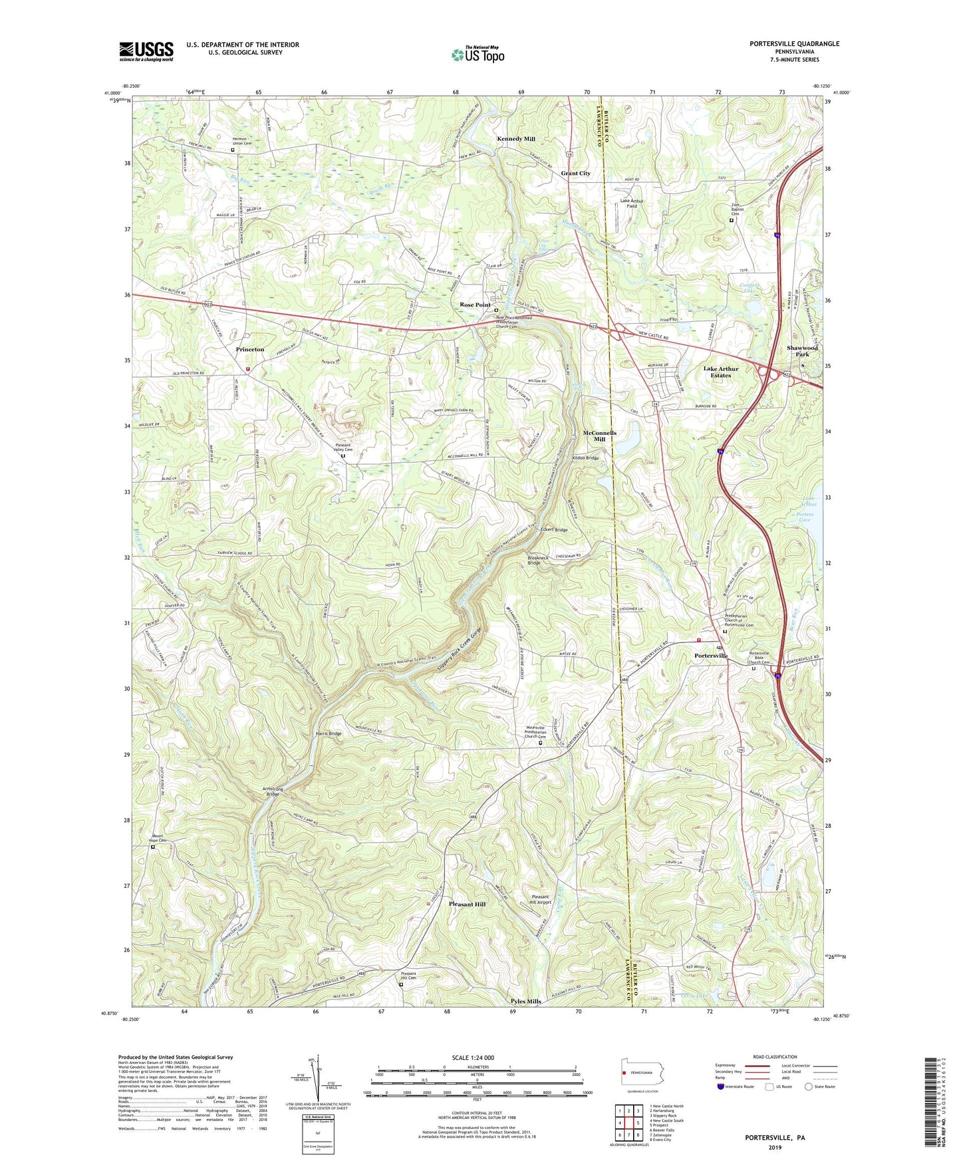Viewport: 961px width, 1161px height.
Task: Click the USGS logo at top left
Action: click(x=146, y=51)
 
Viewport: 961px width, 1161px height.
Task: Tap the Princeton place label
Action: click(x=250, y=349)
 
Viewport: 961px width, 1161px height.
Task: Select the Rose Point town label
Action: click(x=476, y=305)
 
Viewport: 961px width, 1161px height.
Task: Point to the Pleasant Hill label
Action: click(x=467, y=904)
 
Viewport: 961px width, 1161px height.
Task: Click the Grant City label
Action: click(x=575, y=174)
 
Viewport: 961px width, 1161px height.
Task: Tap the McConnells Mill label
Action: click(x=599, y=436)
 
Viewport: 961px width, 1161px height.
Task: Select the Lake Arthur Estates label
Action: click(x=721, y=372)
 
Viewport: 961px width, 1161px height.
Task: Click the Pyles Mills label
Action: click(x=526, y=1001)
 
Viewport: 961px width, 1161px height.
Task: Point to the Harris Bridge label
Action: click(x=329, y=734)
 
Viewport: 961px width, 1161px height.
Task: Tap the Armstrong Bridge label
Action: click(x=273, y=792)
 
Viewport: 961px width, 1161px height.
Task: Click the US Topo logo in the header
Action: click(x=478, y=55)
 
